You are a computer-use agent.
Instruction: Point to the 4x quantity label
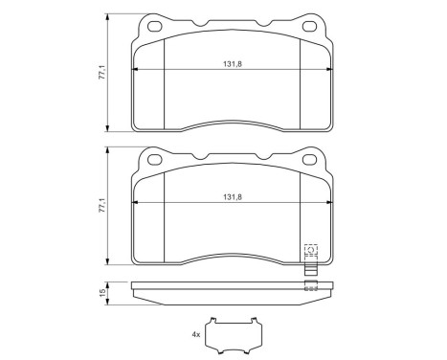tap(196, 334)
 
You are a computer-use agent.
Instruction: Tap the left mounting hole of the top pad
tap(150, 27)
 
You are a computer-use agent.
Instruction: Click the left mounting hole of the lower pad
tap(150, 159)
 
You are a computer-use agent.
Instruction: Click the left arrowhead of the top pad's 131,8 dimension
tap(135, 72)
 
